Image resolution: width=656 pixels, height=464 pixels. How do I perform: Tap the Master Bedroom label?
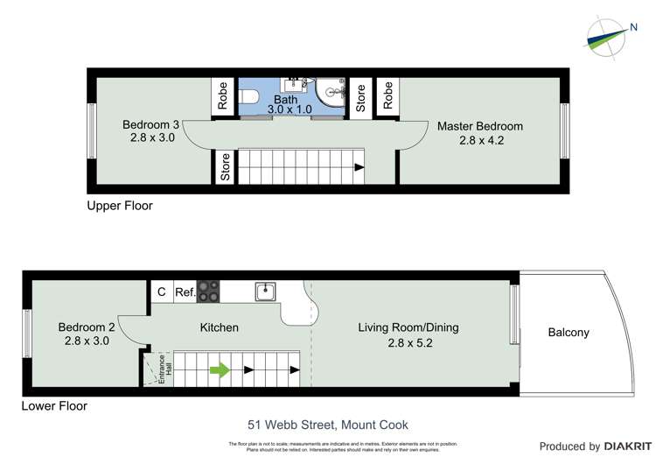click(x=480, y=126)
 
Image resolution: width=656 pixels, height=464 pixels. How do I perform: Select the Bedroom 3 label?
click(x=150, y=125)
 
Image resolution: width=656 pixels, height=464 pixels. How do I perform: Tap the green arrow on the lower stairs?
click(x=220, y=369)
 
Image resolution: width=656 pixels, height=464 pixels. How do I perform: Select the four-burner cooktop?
click(x=208, y=292)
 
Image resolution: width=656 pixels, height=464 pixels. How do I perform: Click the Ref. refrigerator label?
click(x=185, y=292)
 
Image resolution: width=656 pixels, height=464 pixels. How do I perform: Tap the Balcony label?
click(x=569, y=333)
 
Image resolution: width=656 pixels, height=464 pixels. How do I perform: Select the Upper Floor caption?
click(x=120, y=207)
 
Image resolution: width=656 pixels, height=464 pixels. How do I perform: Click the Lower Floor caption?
click(x=54, y=406)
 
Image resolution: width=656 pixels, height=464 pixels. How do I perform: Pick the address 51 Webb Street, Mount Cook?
click(x=328, y=425)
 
